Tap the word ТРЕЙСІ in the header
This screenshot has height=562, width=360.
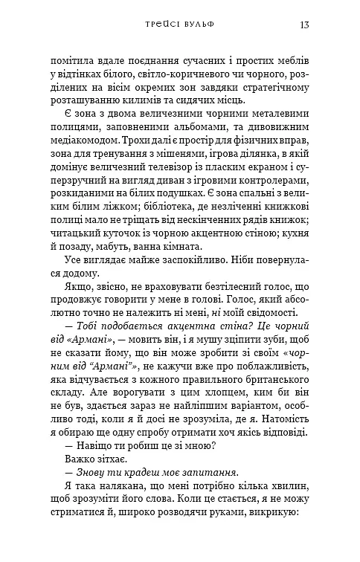point(163,25)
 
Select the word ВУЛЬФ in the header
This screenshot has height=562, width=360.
point(198,25)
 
